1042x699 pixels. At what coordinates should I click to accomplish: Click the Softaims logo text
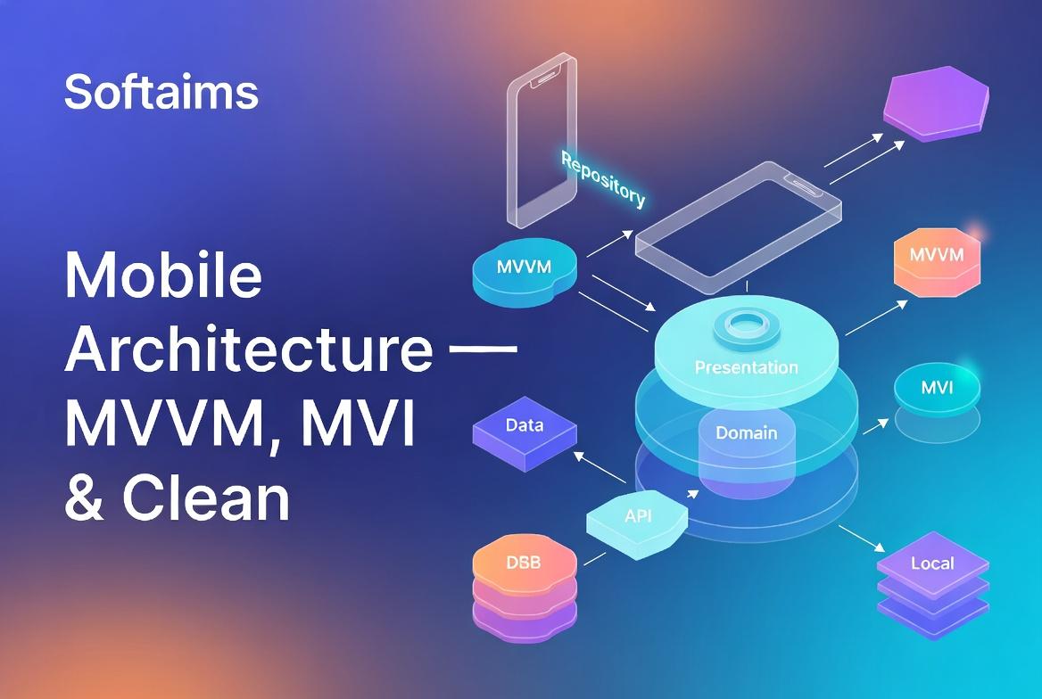coord(161,93)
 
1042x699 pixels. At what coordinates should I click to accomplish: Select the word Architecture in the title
coord(248,349)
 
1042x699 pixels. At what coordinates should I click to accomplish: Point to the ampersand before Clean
coord(86,499)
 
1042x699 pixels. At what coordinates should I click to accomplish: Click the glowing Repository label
coord(602,178)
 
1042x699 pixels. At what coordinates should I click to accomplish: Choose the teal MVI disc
coord(936,390)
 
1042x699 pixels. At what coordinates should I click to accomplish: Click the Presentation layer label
coord(746,367)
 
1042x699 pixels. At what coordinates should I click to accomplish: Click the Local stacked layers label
coord(932,563)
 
